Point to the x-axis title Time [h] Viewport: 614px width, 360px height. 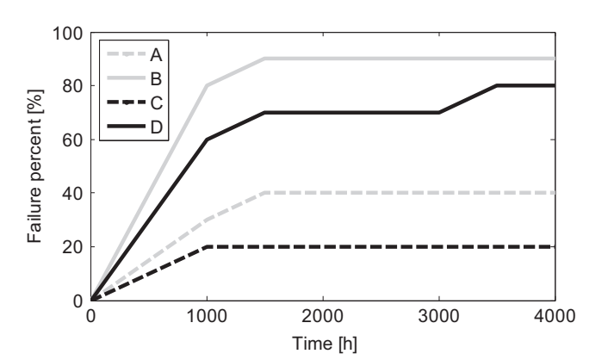(323, 343)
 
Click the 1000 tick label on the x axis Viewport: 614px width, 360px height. (207, 316)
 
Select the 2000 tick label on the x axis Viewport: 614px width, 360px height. (323, 316)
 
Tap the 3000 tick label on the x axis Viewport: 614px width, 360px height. (439, 316)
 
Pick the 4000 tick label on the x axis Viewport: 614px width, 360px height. (555, 316)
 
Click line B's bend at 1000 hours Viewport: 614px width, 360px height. (207, 85)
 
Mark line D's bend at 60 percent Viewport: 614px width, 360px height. (207, 139)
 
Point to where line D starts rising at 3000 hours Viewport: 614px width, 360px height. (439, 112)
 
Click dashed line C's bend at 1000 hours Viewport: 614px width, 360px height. (207, 246)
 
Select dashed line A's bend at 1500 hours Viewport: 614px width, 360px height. (265, 193)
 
